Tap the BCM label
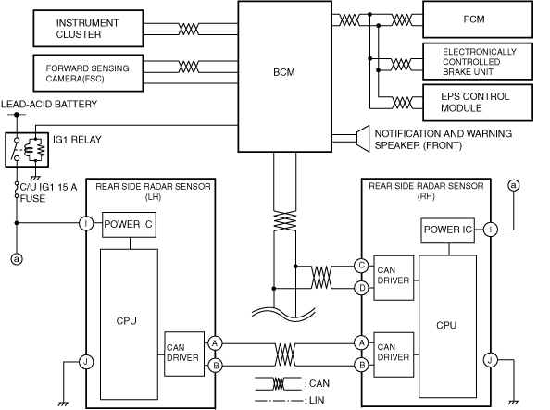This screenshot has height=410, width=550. (283, 72)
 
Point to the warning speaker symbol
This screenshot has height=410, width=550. (363, 139)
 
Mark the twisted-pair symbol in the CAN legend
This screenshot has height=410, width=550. (278, 384)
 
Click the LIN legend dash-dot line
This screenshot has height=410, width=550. (278, 401)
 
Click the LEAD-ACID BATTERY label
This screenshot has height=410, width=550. (49, 105)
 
